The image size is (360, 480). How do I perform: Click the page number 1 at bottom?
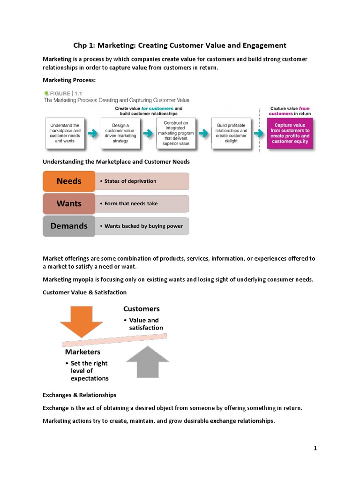pos(315,448)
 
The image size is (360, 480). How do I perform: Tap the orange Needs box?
pos(69,181)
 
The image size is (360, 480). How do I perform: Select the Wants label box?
pos(69,203)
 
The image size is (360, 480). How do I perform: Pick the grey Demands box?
pos(69,226)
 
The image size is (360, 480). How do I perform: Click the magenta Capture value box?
pos(290,134)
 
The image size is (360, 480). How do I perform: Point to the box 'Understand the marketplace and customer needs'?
pos(65,133)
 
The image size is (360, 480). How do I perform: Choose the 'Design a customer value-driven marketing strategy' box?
pos(120,133)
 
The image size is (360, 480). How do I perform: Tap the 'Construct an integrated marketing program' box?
pos(176,133)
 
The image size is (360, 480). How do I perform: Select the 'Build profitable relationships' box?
pos(231,133)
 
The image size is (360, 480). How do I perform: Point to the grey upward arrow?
pos(148,361)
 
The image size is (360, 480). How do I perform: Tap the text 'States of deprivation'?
pos(130,181)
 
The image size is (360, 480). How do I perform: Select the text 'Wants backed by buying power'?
pos(143,226)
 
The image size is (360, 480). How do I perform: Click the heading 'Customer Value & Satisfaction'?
pos(84,292)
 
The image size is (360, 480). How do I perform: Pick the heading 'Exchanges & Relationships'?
pos(79,395)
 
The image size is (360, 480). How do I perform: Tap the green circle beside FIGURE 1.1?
pos(46,93)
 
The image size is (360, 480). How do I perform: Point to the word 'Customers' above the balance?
pos(141,309)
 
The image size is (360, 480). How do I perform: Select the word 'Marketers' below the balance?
pos(82,352)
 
